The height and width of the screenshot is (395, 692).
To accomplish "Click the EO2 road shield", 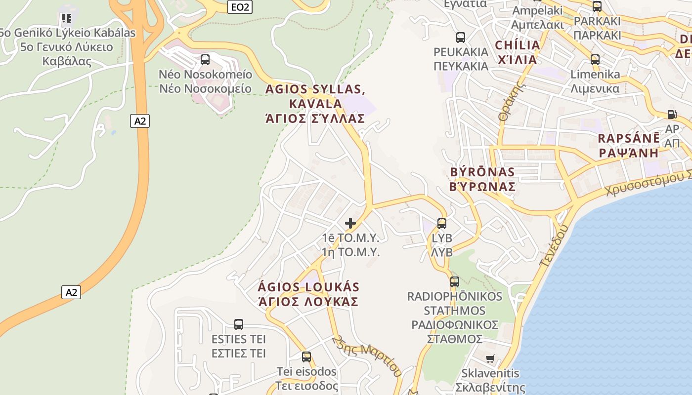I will tap(241, 7).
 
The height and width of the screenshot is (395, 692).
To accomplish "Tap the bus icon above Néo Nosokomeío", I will tap(205, 60).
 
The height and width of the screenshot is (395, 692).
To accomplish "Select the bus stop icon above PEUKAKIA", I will tap(461, 37).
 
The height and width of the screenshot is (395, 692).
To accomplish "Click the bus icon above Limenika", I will tap(595, 60).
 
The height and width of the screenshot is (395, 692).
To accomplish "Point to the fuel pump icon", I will tap(672, 114).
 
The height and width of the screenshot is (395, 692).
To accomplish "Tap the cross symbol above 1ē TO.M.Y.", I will tap(350, 223).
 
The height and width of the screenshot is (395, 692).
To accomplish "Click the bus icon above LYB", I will tap(442, 223).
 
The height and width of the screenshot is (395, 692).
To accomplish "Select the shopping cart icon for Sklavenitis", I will tap(490, 358).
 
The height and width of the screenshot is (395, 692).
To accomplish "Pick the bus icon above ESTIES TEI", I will tap(239, 324).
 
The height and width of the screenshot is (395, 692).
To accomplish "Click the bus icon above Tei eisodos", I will tap(306, 356).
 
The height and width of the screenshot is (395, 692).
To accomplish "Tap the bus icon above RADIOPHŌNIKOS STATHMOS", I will tap(454, 282).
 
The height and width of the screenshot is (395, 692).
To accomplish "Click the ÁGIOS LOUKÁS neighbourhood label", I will tap(309, 294).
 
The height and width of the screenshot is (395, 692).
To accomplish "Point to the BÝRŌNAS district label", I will tap(482, 179).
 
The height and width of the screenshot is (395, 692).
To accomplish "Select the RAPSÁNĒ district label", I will tap(628, 145).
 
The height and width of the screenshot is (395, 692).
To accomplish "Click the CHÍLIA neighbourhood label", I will tap(517, 52).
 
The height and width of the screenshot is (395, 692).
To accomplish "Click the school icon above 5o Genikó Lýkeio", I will tap(67, 19).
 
